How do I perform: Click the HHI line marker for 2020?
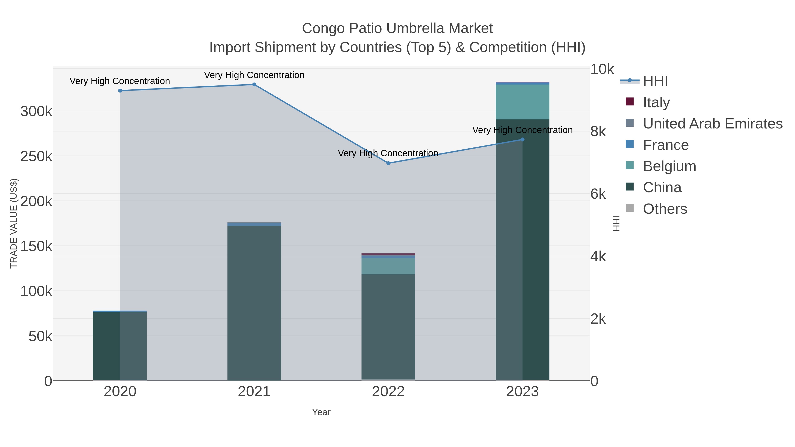(x=120, y=91)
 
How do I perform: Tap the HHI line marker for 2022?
(x=388, y=163)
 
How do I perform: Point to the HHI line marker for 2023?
(x=522, y=140)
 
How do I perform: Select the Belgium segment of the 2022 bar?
(x=388, y=266)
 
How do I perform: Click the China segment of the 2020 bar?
(x=120, y=345)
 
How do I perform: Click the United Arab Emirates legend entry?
(x=712, y=123)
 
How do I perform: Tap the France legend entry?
(x=665, y=145)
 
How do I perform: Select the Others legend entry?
(x=665, y=209)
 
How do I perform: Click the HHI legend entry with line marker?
(x=655, y=81)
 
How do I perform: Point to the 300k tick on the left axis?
(x=36, y=111)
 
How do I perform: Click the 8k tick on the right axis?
(x=598, y=132)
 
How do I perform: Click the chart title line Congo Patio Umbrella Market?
(x=397, y=28)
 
